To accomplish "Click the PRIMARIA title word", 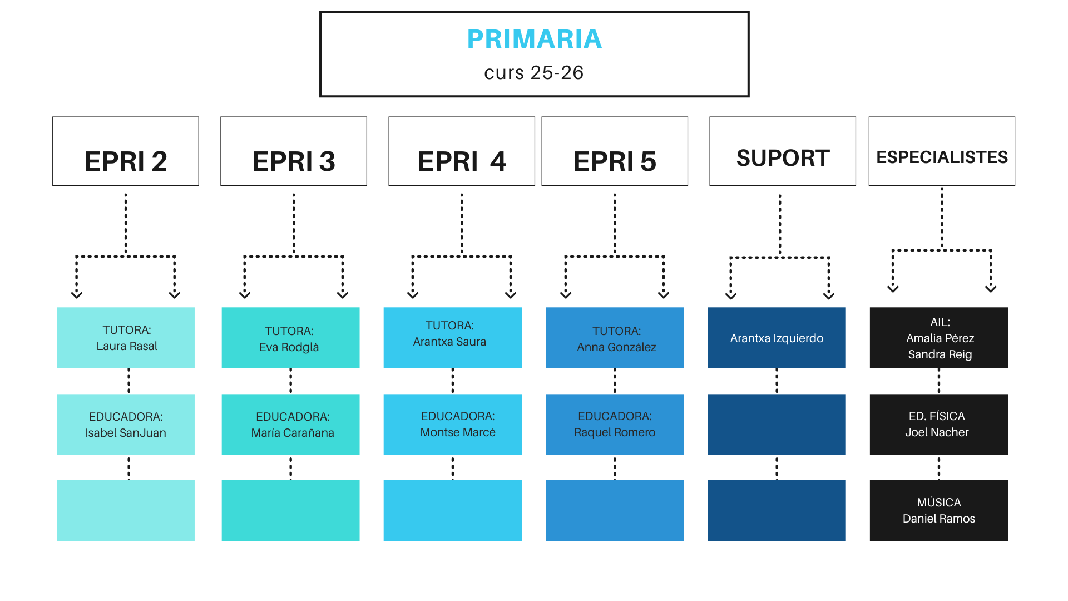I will (534, 39).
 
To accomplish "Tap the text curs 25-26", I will (534, 73).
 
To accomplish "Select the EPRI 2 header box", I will (126, 151).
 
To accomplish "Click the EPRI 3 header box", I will (294, 151).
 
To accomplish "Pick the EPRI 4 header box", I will (462, 151).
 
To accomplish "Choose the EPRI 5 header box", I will (615, 151).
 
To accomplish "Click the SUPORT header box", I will (783, 151).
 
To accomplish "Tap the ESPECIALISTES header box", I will (942, 151).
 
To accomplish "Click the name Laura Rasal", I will (127, 346).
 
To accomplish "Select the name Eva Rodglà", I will (289, 347).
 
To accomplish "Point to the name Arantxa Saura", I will (449, 342).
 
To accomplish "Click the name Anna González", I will (616, 347).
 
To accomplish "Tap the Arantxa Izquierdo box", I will (777, 338).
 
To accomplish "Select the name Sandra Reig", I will (940, 354).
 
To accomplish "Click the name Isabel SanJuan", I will (126, 433).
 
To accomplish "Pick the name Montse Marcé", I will (458, 432).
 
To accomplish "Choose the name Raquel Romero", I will (615, 432).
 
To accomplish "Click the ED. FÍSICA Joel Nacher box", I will (938, 425).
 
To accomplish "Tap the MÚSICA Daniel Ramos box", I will (938, 510).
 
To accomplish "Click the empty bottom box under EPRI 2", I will (126, 510).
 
